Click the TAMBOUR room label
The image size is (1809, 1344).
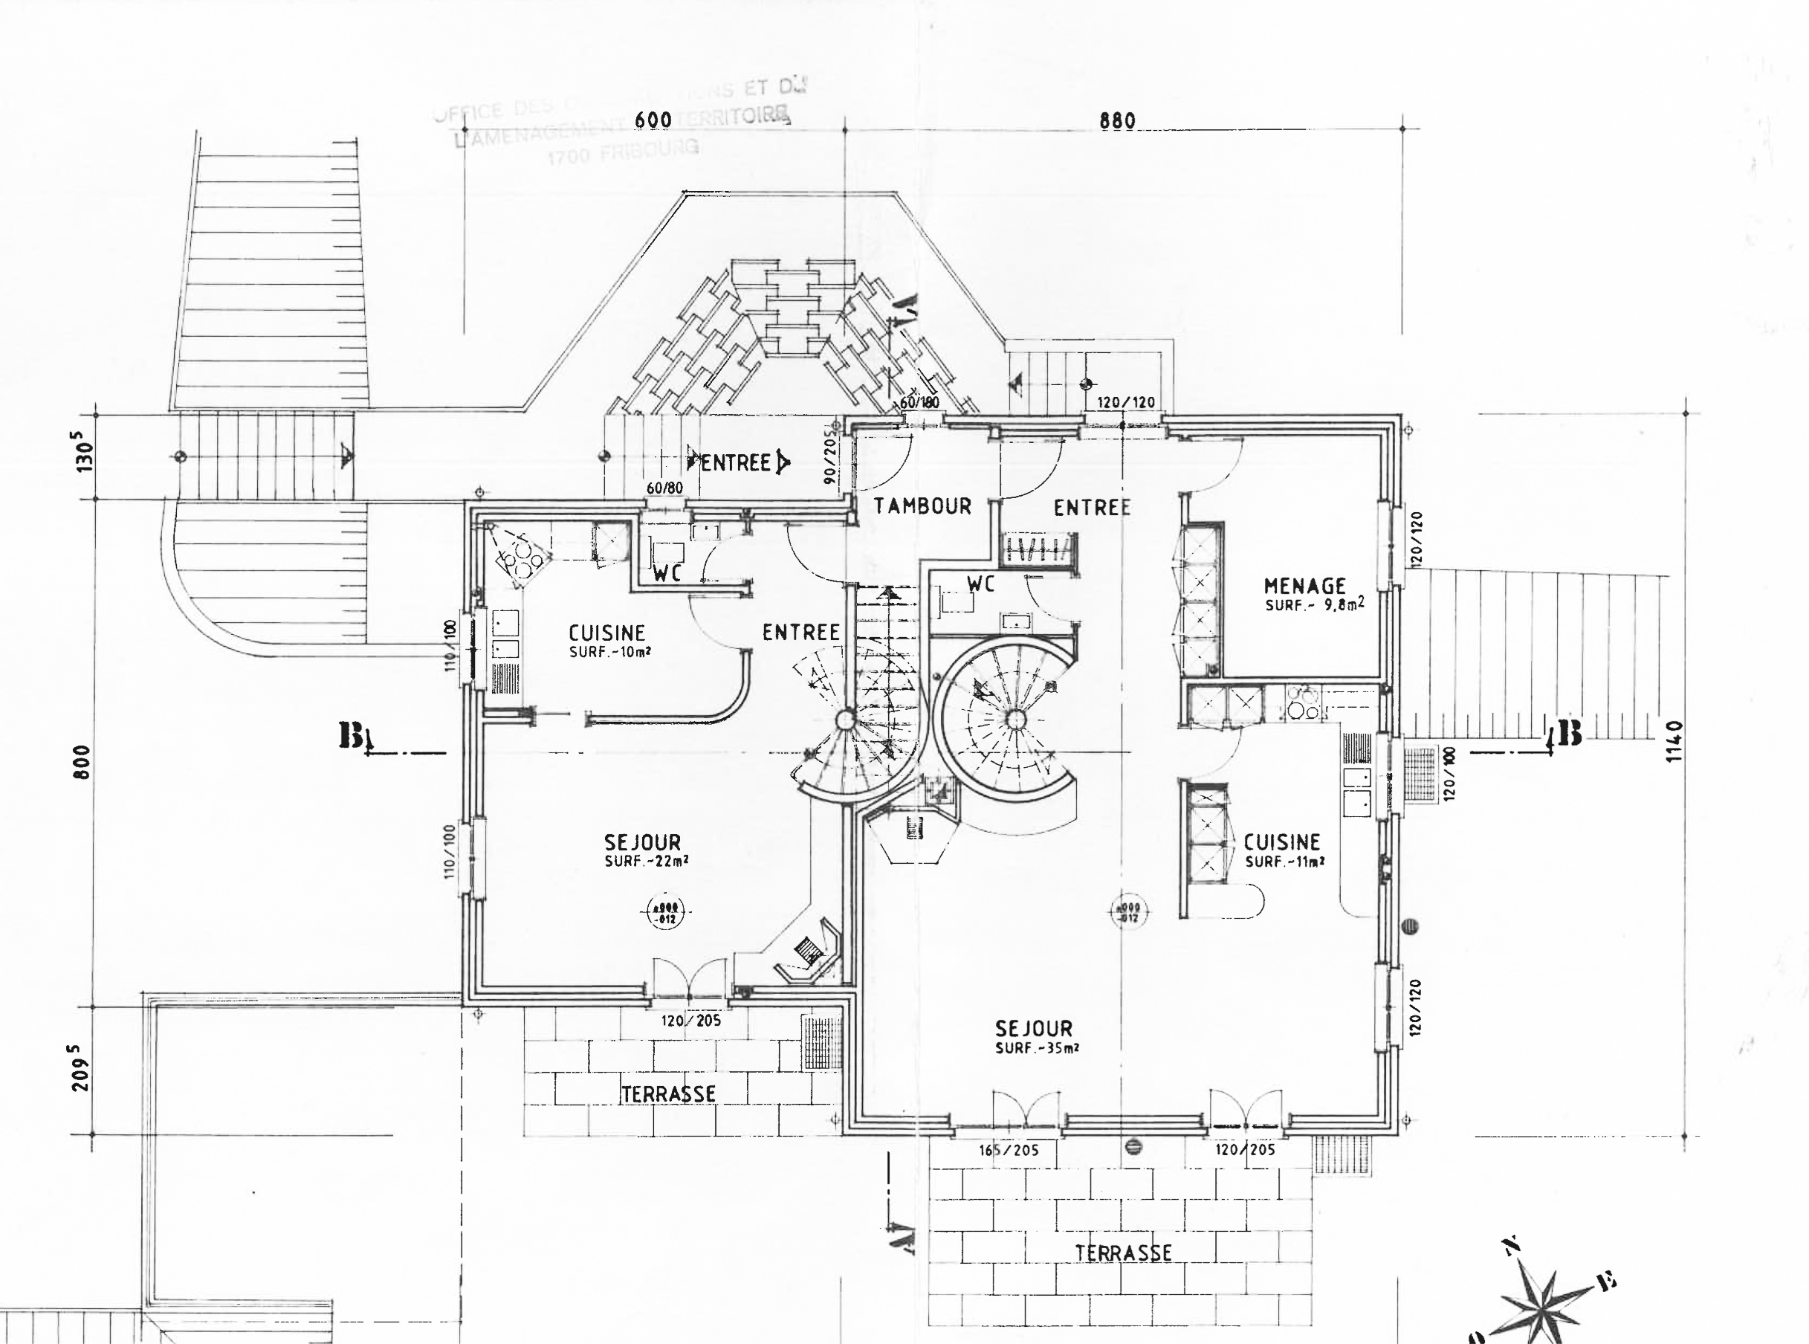tap(922, 506)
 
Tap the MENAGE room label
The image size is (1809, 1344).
tap(1304, 586)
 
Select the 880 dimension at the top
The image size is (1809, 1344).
tap(1117, 120)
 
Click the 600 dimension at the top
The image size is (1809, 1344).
tap(653, 120)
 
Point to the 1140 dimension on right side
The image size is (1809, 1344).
tap(1673, 741)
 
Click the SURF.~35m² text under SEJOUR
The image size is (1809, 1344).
tap(1037, 1049)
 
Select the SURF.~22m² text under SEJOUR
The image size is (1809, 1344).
tap(647, 862)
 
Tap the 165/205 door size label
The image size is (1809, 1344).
tap(1009, 1151)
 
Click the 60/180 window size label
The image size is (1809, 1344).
tap(920, 403)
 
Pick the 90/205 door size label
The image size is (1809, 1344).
tap(829, 457)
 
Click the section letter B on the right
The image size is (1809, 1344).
tap(1569, 734)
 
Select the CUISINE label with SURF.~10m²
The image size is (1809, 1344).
tap(606, 633)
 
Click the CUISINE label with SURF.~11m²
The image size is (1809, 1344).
tap(1282, 842)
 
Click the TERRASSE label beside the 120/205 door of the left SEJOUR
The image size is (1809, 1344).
tap(669, 1094)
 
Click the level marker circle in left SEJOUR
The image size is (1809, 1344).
tap(667, 914)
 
